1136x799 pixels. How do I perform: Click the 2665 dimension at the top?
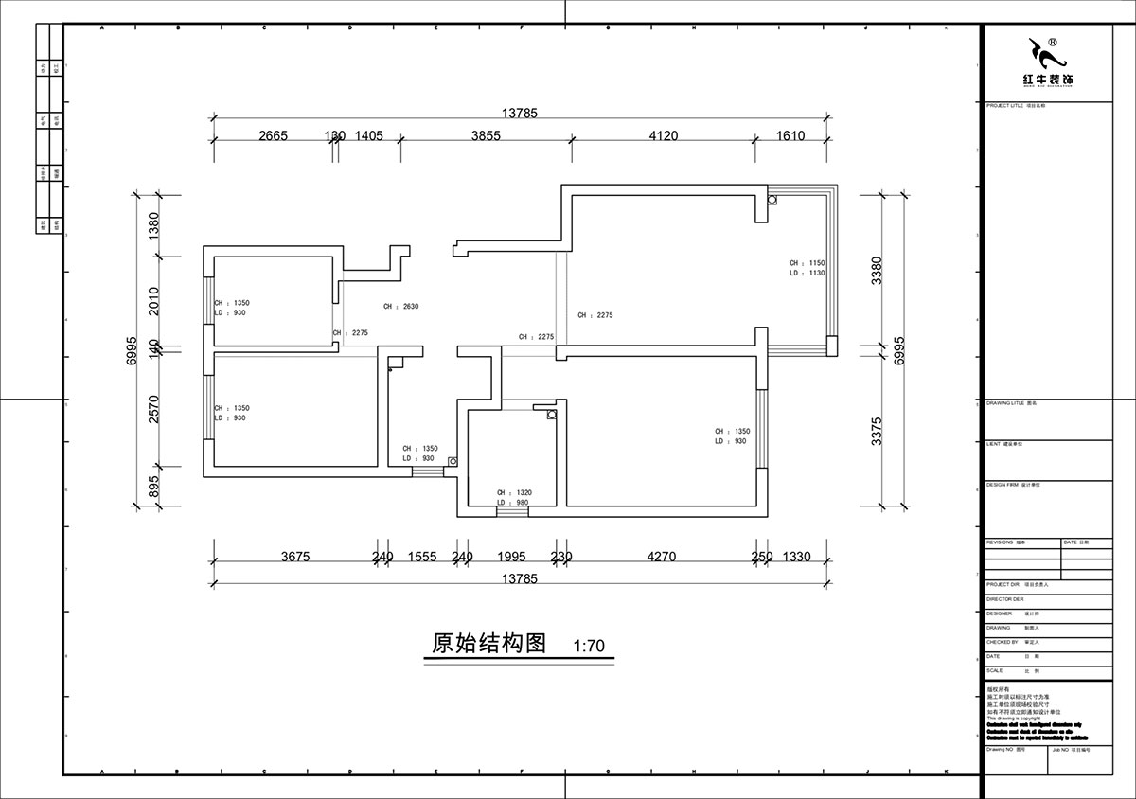click(x=273, y=136)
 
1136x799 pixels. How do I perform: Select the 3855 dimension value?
click(x=486, y=136)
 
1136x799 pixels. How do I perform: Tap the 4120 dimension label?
click(x=663, y=136)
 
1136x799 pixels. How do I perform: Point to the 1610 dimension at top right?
click(x=790, y=136)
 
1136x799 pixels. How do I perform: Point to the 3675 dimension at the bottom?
click(x=295, y=558)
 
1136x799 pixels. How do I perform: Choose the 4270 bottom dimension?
click(x=661, y=558)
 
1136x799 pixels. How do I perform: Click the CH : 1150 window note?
click(x=808, y=262)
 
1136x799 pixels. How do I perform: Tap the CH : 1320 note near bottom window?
click(x=514, y=493)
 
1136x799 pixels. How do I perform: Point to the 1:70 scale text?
click(x=589, y=648)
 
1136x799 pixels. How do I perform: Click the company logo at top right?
click(x=1045, y=62)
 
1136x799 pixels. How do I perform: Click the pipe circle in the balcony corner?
click(x=772, y=200)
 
